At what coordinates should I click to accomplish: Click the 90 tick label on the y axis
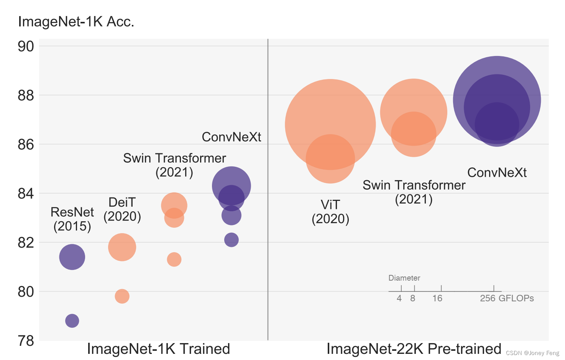coord(26,46)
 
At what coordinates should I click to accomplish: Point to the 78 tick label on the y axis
coord(26,340)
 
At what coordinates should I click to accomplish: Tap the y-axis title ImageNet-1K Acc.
coord(76,21)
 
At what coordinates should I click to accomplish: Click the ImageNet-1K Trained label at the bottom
coord(158,349)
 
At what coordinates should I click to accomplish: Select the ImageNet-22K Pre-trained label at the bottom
coord(414,349)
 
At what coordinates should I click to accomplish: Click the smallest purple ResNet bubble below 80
coord(72,321)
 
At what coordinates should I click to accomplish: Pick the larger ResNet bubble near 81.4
coord(72,257)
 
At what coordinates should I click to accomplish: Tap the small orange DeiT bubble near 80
coord(122,296)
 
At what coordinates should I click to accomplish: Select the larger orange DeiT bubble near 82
coord(122,247)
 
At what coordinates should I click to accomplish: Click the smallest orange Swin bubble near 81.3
coord(174,260)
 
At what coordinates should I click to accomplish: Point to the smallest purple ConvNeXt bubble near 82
coord(231,240)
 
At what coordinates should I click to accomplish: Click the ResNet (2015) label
coord(72,219)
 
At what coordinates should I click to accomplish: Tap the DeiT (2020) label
coord(122,209)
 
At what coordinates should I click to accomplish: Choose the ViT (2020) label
coord(330,212)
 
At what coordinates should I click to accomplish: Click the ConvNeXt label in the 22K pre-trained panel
coord(497,173)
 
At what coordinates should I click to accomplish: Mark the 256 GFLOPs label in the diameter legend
coord(506,298)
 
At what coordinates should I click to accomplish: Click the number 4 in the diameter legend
coord(399,298)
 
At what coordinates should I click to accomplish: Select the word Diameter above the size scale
coord(404,278)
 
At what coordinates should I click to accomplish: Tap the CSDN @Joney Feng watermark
coord(532,353)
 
